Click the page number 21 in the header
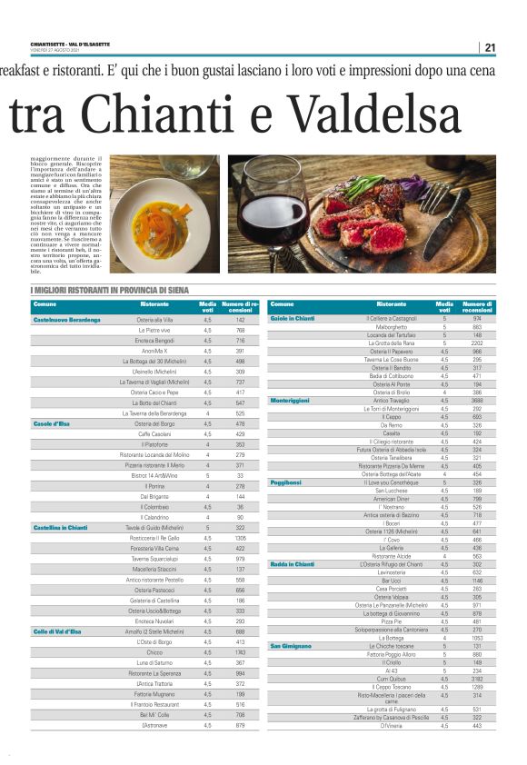click(490, 48)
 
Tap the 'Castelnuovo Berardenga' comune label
click(66, 320)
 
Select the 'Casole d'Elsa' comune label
click(52, 423)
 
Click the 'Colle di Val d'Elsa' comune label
click(57, 605)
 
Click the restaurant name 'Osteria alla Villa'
click(154, 320)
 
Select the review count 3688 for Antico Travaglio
click(477, 400)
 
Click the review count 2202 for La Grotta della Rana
click(477, 343)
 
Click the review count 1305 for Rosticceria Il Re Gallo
click(240, 538)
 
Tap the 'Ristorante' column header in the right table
click(391, 303)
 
